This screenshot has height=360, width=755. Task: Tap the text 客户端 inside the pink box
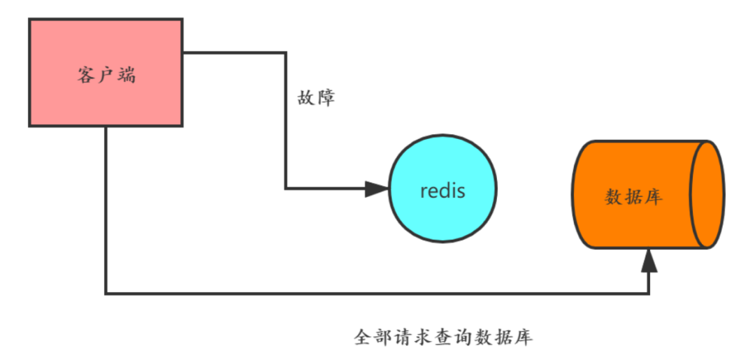click(x=106, y=75)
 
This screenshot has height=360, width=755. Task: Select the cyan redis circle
click(x=443, y=189)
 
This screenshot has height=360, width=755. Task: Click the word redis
click(x=443, y=190)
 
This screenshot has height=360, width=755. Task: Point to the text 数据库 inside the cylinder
click(x=633, y=196)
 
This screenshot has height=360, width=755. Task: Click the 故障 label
click(x=316, y=97)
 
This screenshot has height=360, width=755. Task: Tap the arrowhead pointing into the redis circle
click(x=377, y=189)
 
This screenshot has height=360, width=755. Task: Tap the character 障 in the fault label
click(x=326, y=97)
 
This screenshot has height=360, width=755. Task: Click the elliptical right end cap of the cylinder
click(x=707, y=194)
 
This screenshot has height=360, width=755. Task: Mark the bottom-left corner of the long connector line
click(x=106, y=294)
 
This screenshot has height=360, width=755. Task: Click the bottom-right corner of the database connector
click(x=649, y=294)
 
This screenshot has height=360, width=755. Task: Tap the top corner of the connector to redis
click(x=285, y=52)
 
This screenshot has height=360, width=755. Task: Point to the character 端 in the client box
click(x=127, y=75)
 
